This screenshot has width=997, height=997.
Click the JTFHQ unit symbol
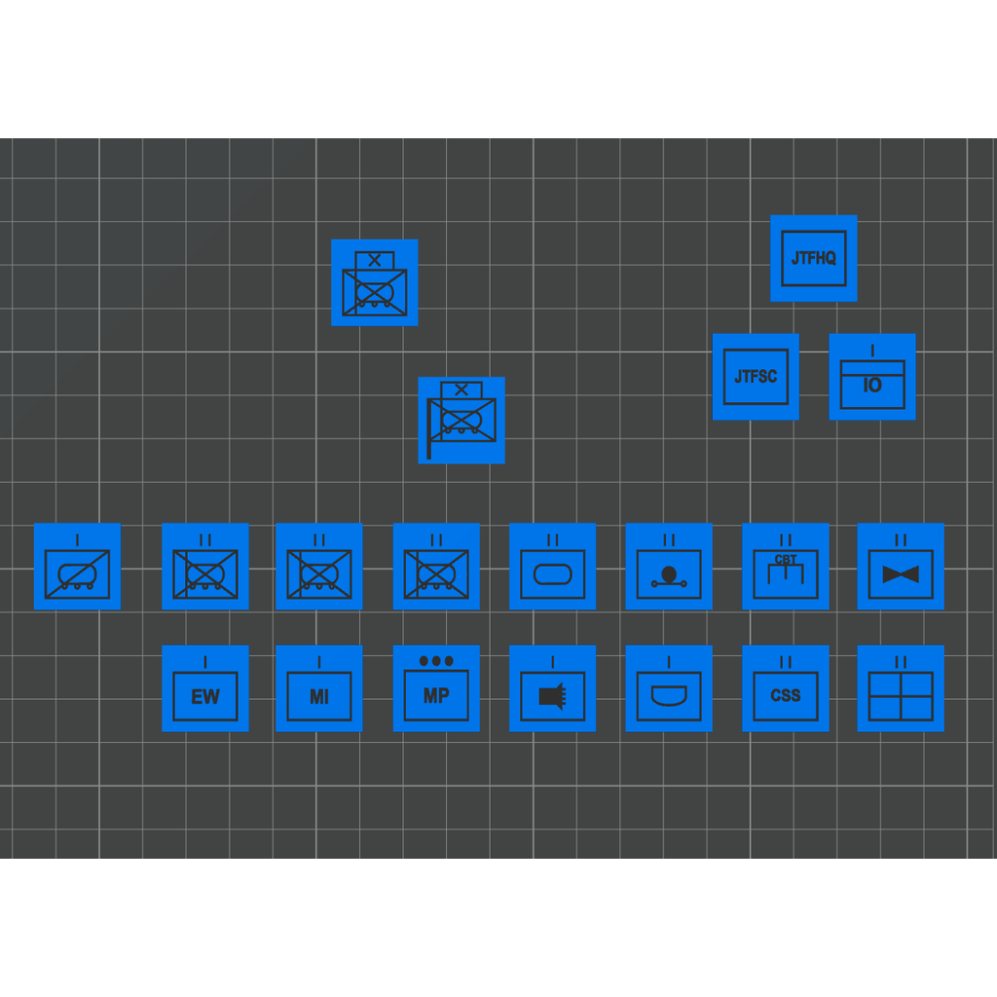pyautogui.click(x=813, y=258)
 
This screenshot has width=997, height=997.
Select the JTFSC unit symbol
pyautogui.click(x=756, y=377)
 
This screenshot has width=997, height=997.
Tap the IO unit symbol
pyautogui.click(x=871, y=377)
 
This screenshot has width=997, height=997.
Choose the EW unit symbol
pyautogui.click(x=204, y=688)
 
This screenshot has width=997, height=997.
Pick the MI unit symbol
pyautogui.click(x=318, y=688)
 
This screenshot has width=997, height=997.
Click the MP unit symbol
pyautogui.click(x=436, y=688)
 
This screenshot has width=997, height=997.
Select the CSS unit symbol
pyautogui.click(x=786, y=688)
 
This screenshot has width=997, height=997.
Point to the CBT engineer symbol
pyautogui.click(x=786, y=567)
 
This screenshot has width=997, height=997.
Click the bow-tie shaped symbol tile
pyautogui.click(x=901, y=567)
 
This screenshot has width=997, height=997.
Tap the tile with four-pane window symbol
pyautogui.click(x=901, y=688)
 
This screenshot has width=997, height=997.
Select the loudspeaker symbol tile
pyautogui.click(x=553, y=688)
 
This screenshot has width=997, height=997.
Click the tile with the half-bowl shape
pyautogui.click(x=669, y=688)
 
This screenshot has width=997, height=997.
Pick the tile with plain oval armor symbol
pyautogui.click(x=553, y=567)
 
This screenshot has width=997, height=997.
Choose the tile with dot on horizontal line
pyautogui.click(x=669, y=567)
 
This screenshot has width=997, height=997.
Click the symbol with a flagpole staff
pyautogui.click(x=461, y=421)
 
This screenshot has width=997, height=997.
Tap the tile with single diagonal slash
pyautogui.click(x=77, y=567)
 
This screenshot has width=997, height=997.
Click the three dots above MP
pyautogui.click(x=436, y=661)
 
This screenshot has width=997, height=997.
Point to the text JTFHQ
pyautogui.click(x=813, y=258)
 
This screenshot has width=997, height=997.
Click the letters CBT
pyautogui.click(x=786, y=560)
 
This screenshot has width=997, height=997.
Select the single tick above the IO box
pyautogui.click(x=872, y=351)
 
